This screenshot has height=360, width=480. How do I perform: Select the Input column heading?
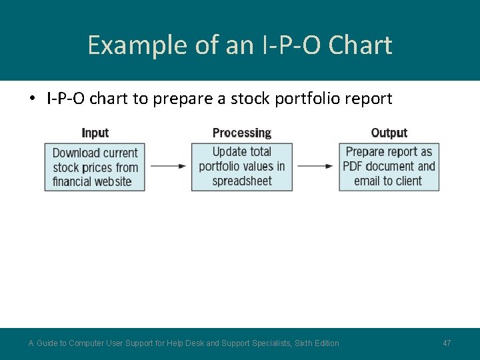click(x=95, y=133)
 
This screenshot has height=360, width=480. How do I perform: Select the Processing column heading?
click(x=241, y=133)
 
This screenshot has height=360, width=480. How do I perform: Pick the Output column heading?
click(x=389, y=133)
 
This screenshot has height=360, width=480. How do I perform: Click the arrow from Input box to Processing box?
click(x=168, y=166)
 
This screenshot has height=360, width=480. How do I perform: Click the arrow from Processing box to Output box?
click(x=315, y=166)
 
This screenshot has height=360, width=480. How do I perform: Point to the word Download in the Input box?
click(x=75, y=153)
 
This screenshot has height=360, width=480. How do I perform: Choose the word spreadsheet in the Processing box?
click(x=242, y=181)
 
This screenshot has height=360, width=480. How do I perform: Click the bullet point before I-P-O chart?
click(x=31, y=99)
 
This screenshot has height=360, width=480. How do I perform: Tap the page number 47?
click(x=447, y=343)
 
